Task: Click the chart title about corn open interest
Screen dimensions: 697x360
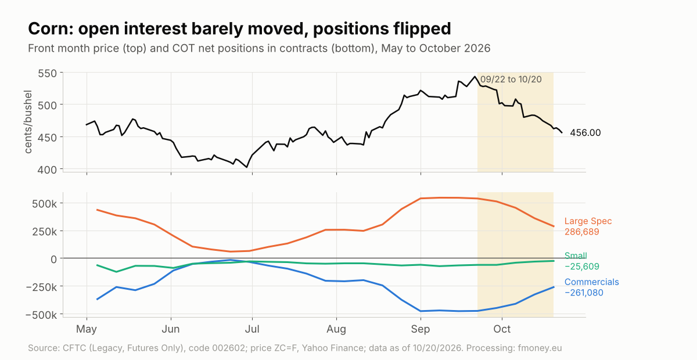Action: point(239,28)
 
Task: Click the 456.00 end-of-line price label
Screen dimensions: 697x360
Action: point(585,133)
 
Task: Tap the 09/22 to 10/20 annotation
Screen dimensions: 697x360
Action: point(511,80)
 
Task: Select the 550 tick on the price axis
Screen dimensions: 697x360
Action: point(47,74)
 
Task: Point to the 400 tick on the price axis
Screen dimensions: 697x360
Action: point(47,170)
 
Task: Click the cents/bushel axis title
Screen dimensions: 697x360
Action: point(28,122)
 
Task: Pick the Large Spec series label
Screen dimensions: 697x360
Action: point(588,221)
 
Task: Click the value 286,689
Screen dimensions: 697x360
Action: point(582,232)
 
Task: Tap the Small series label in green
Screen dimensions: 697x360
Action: point(576,255)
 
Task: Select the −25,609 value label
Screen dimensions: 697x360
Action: point(582,267)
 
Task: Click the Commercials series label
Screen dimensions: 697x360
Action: point(591,282)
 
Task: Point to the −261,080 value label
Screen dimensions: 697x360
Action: point(584,293)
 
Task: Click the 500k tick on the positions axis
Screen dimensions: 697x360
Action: point(45,204)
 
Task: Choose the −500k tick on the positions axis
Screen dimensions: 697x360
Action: point(41,315)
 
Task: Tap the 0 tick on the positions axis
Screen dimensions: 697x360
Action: point(54,259)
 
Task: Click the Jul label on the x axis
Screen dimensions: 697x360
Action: point(252,329)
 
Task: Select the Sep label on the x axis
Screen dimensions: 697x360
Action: point(421,329)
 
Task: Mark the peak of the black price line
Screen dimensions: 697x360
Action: point(475,76)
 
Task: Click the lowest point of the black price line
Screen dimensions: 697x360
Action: point(247,167)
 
